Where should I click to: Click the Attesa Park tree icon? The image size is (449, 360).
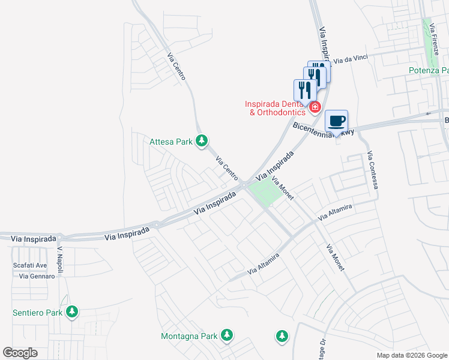click(202, 141)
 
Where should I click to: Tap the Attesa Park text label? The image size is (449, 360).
click(170, 142)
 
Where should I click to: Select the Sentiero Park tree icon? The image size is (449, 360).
click(72, 312)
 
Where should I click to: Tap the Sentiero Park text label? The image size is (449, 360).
click(37, 313)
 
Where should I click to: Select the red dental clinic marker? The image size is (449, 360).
click(315, 107)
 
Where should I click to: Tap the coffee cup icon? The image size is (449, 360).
click(337, 121)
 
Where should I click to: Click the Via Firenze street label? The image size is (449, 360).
click(434, 42)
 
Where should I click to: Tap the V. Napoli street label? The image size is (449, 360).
click(60, 256)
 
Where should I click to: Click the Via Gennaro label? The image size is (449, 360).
click(37, 276)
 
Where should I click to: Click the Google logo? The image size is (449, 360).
click(20, 353)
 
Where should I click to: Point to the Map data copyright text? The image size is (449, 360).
click(411, 355)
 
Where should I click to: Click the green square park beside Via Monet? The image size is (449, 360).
click(265, 193)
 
